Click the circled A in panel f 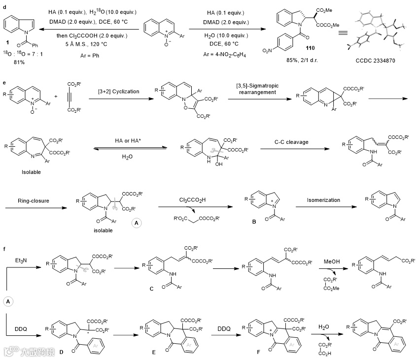[9, 301]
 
